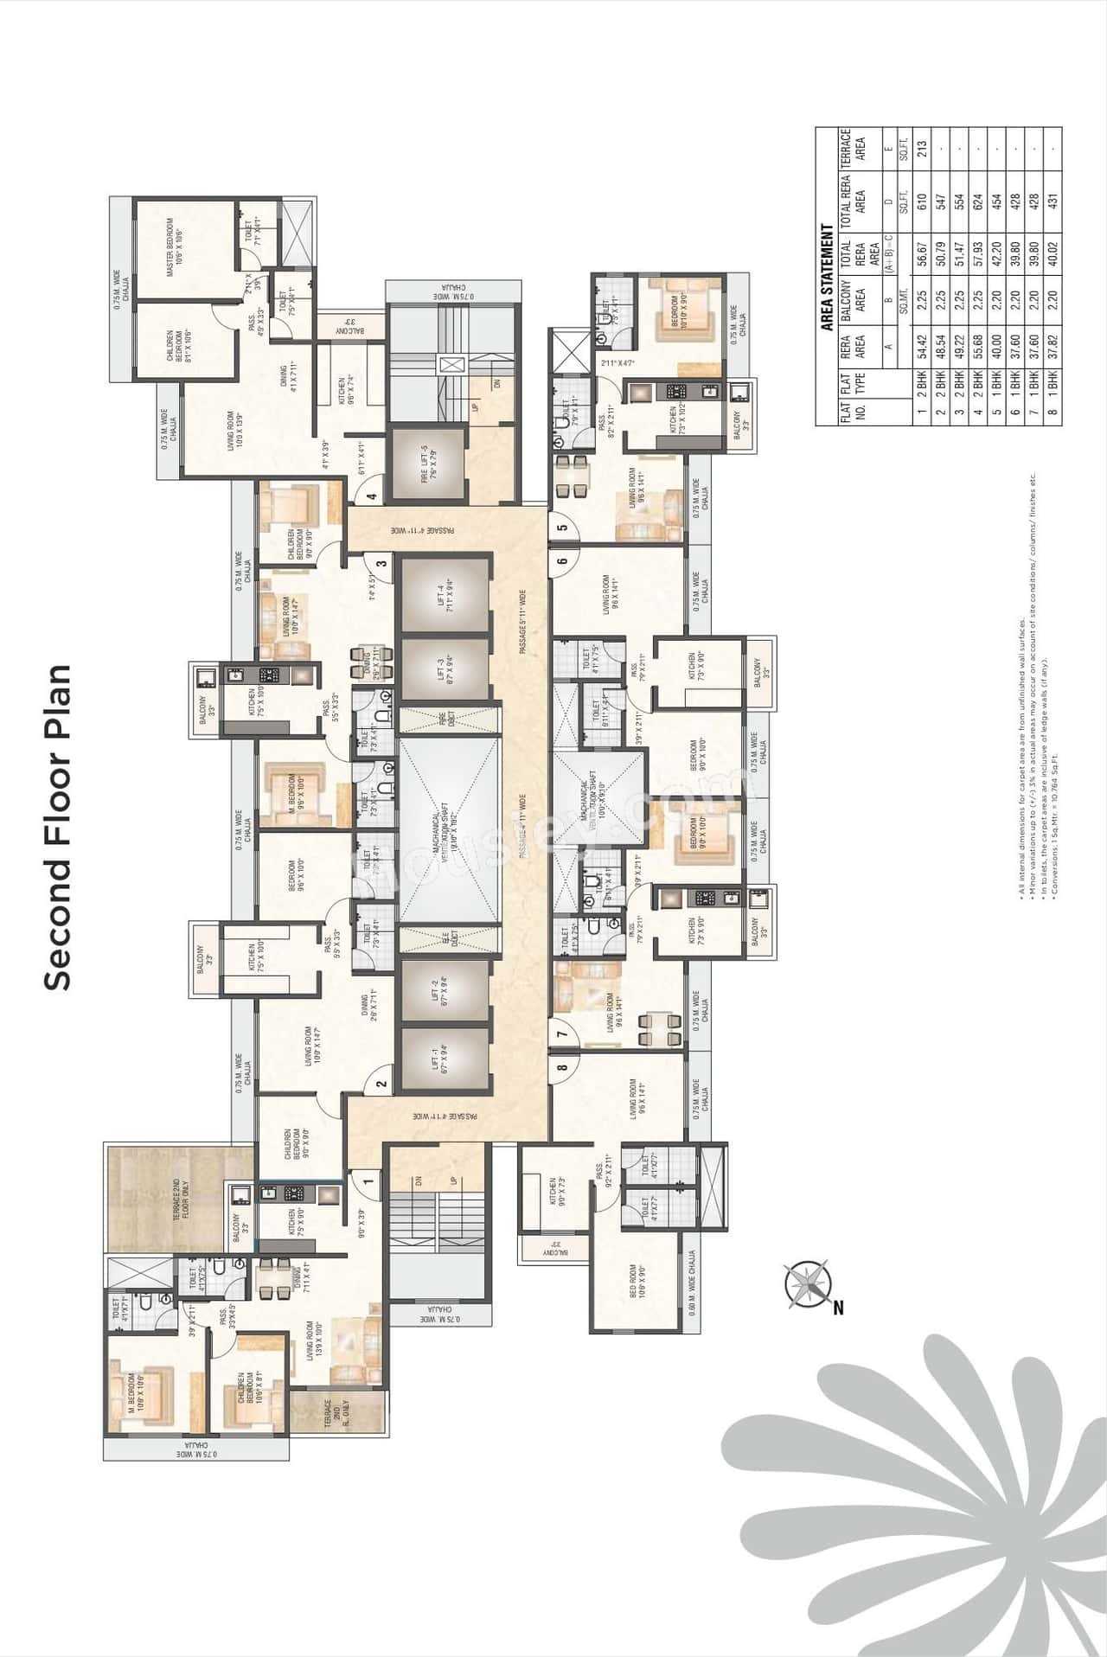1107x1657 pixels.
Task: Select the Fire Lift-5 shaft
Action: tap(426, 464)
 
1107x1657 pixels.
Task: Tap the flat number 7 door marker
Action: tap(563, 1033)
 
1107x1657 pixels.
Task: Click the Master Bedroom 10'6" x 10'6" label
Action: tap(175, 248)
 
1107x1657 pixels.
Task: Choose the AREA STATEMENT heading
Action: tap(826, 279)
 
